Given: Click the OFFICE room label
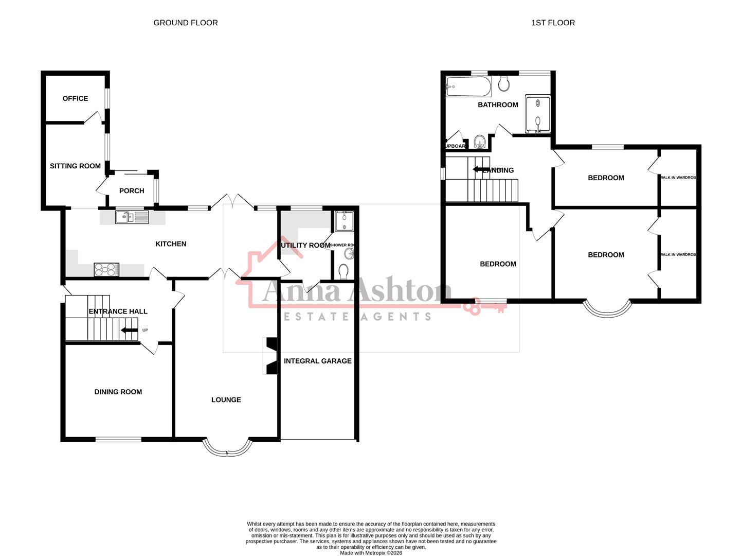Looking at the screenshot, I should [x=75, y=98].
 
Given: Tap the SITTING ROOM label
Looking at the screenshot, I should [x=75, y=166].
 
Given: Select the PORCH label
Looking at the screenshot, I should [x=132, y=190].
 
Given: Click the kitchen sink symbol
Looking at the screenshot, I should [x=132, y=217].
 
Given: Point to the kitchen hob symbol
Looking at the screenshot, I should [x=106, y=269].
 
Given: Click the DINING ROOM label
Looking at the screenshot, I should [x=118, y=392].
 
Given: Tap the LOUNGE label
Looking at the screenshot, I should [x=226, y=399].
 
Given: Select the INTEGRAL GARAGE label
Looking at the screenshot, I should [x=317, y=361].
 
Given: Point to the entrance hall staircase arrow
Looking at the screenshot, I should [x=129, y=331].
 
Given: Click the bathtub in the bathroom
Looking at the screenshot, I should [x=468, y=86].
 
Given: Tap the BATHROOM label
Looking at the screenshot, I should [x=498, y=105].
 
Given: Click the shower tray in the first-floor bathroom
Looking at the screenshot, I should [x=537, y=113].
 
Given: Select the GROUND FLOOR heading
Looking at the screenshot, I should [x=185, y=23].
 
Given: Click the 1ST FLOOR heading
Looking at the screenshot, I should [x=553, y=23].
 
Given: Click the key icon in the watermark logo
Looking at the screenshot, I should [x=483, y=307].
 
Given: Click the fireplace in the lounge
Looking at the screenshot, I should [x=270, y=356].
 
